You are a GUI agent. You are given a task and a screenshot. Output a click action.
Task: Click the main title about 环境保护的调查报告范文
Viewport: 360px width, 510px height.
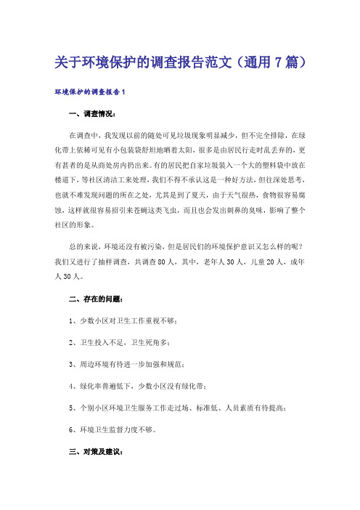pyautogui.click(x=179, y=64)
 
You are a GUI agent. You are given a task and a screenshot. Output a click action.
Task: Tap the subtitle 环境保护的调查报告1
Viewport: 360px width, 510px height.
pyautogui.click(x=91, y=93)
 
